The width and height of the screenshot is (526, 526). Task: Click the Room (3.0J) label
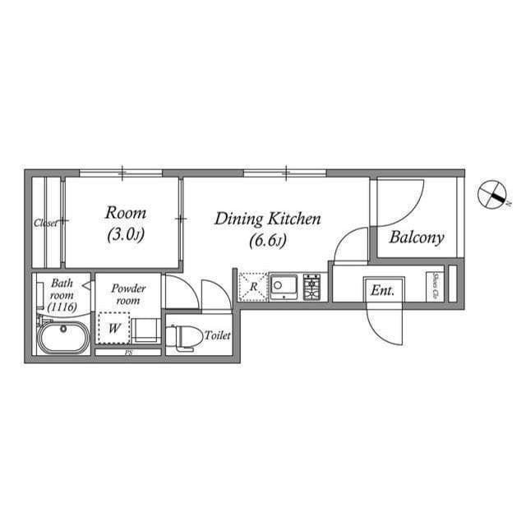[x=125, y=224]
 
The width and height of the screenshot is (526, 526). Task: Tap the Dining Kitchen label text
[x=267, y=229]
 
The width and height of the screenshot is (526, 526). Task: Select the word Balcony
[x=417, y=238]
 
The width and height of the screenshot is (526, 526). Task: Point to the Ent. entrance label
[x=382, y=290]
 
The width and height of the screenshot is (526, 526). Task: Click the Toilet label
[x=218, y=335]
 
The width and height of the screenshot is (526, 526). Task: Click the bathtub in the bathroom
[x=62, y=338]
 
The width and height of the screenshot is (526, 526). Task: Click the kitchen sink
[x=285, y=286]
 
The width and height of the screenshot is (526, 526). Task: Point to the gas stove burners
[x=312, y=286]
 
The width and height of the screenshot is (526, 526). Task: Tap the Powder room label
[x=128, y=294]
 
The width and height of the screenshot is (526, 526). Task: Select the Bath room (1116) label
[x=62, y=294]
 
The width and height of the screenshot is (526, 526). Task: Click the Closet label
[x=45, y=223]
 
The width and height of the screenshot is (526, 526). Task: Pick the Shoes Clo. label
[x=431, y=287]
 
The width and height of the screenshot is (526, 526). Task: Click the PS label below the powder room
[x=127, y=353]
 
